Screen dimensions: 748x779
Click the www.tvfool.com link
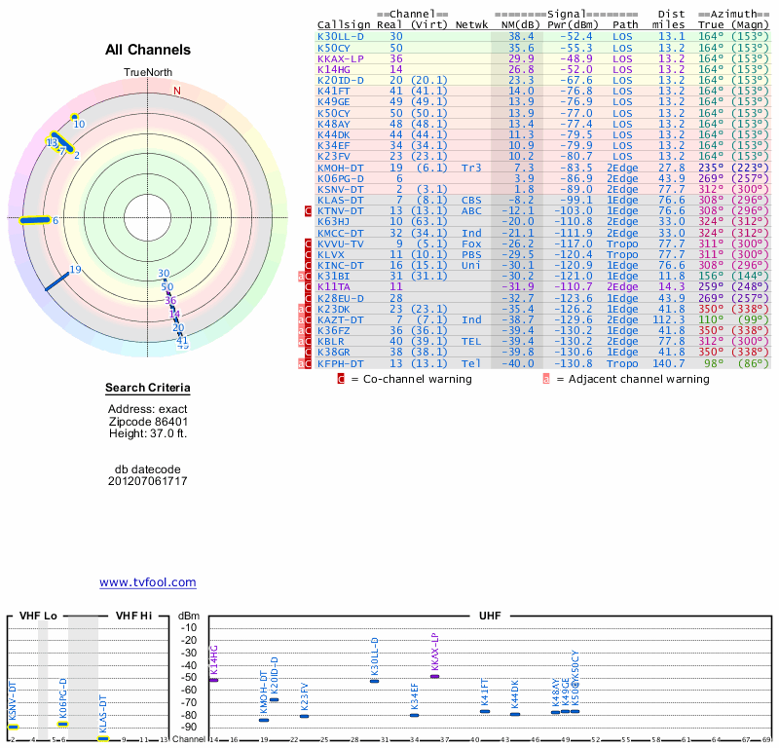147,582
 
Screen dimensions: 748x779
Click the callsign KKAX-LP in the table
340,58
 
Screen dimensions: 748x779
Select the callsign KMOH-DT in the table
340,167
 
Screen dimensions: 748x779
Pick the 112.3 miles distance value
670,318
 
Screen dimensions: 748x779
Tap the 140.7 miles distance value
670,362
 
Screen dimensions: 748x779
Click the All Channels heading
148,50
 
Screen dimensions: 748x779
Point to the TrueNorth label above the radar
147,73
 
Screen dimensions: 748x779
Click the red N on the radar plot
177,91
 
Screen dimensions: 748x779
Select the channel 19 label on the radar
75,271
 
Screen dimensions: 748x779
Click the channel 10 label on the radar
80,124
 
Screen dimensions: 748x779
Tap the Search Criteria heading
147,389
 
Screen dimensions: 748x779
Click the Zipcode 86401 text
147,421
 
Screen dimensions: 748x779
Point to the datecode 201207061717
147,481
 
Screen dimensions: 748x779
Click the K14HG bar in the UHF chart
214,680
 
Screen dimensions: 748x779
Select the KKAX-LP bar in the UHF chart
435,676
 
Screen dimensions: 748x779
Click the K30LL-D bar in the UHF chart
375,681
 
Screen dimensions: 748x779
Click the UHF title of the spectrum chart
491,616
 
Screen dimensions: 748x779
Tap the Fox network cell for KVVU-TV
471,243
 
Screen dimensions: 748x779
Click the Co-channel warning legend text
411,379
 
